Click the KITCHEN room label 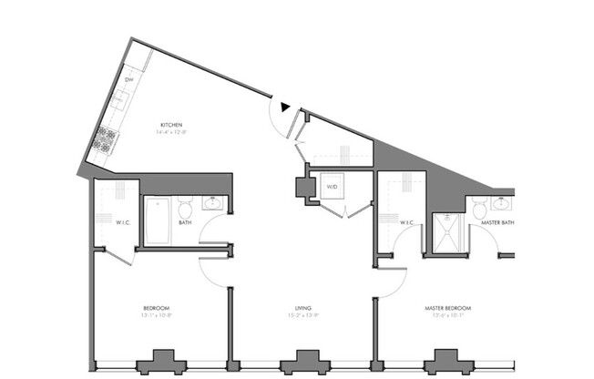point(172,124)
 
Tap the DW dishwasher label point(128,79)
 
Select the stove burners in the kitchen point(106,139)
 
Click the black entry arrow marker point(286,108)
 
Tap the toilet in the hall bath point(185,207)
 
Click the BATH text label point(185,222)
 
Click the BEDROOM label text point(157,308)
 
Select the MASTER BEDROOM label point(446,308)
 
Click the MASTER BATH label point(497,222)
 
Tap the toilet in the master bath point(479,210)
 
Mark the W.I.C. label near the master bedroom point(408,222)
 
